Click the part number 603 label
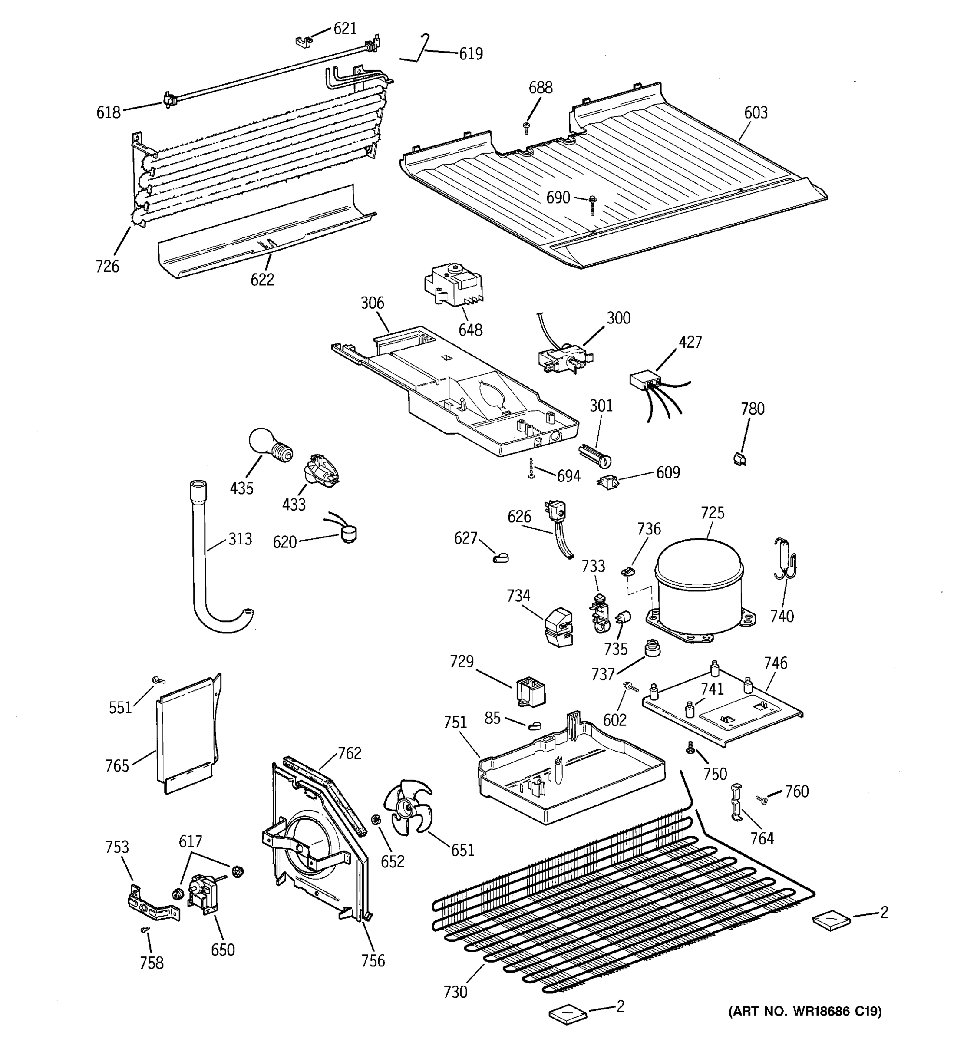tap(755, 113)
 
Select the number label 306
tap(372, 303)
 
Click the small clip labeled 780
tap(740, 458)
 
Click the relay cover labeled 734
tap(559, 627)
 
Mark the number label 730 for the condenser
tap(455, 992)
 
